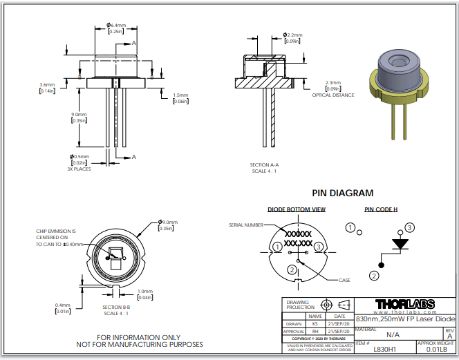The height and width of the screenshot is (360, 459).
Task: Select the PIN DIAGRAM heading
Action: click(342, 193)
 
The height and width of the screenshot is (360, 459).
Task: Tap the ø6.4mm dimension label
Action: click(115, 26)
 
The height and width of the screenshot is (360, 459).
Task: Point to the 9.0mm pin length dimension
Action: click(79, 115)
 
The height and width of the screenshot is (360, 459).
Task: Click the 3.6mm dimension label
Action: click(47, 85)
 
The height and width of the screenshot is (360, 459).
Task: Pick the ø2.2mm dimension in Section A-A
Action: click(293, 35)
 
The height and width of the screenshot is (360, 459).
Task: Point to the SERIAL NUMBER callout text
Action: click(245, 225)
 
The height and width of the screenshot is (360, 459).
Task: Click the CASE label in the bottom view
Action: click(344, 280)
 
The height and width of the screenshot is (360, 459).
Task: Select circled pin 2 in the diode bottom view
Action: click(292, 269)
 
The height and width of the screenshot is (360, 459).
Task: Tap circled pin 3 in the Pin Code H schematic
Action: click(410, 227)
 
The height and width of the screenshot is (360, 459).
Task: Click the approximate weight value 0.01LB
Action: click(435, 349)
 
